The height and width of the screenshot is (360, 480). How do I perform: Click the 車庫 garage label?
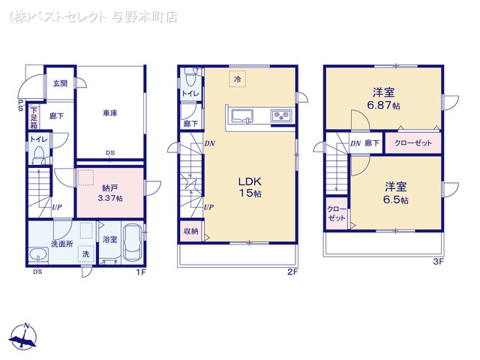tap(110, 113)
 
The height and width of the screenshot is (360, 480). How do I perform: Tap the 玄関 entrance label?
tap(60, 83)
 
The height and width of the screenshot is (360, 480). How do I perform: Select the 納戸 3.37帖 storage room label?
tap(110, 193)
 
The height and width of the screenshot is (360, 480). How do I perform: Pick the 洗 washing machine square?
tap(86, 253)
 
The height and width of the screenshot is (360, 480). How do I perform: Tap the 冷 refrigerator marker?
tap(238, 79)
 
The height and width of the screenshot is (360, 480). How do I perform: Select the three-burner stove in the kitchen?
tap(281, 115)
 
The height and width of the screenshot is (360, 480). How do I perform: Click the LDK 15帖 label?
tap(250, 187)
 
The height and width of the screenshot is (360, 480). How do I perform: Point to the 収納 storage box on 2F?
tap(191, 231)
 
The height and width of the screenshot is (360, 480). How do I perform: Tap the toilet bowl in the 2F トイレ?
tap(190, 78)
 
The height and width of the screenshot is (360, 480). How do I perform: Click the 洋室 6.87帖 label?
tap(383, 98)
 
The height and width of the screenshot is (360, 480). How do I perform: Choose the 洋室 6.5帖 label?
tap(395, 193)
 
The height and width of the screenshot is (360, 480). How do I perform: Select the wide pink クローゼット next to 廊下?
tap(413, 143)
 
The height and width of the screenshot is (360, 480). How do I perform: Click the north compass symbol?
tap(23, 336)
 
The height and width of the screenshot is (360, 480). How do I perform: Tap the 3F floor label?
tap(438, 262)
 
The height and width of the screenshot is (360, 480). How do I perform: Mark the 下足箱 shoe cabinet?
tap(34, 118)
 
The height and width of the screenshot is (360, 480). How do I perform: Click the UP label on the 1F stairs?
tap(57, 207)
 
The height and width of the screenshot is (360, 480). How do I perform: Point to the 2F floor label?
tap(292, 271)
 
